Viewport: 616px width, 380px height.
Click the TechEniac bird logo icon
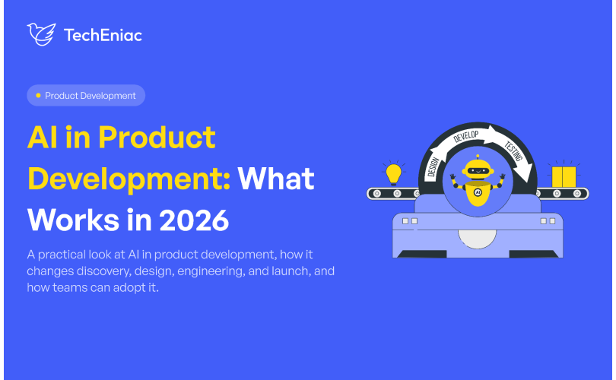[x=41, y=34]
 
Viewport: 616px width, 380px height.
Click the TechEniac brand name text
[x=103, y=35]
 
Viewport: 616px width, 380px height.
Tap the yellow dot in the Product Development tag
[x=38, y=96]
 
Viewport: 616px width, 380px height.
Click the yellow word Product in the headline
[x=157, y=138]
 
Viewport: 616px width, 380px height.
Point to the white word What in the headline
[x=276, y=179]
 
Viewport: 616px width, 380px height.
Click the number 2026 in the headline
[x=194, y=220]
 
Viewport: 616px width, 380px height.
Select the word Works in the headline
[x=73, y=220]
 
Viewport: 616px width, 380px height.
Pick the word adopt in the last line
[x=127, y=288]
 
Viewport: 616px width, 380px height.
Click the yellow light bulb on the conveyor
[x=394, y=174]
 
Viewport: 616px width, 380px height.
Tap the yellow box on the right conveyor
[x=564, y=177]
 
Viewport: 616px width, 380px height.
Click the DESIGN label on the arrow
[x=433, y=167]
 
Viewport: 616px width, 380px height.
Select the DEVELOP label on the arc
[x=466, y=136]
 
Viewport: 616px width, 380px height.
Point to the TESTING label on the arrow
[x=514, y=151]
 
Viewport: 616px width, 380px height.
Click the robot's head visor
[x=478, y=171]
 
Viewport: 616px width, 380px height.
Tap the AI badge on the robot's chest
[x=478, y=192]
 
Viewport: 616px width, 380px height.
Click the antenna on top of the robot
[x=478, y=157]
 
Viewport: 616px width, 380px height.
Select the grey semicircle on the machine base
[x=477, y=239]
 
